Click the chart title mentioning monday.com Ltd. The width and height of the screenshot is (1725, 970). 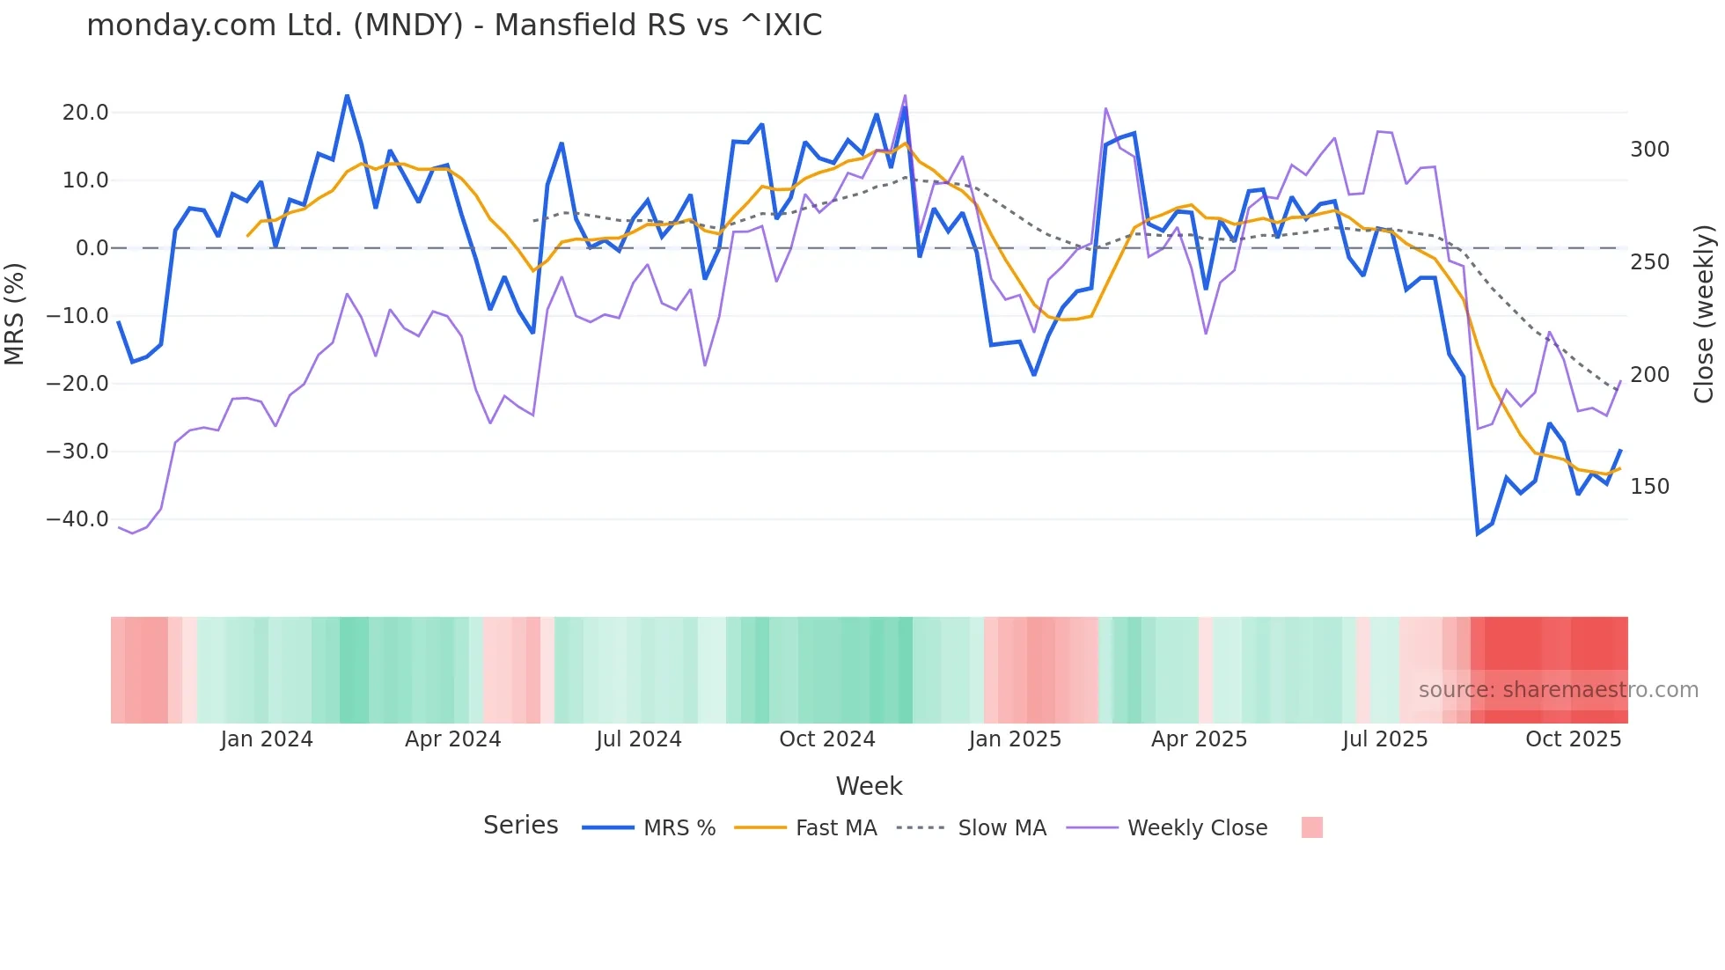pos(454,26)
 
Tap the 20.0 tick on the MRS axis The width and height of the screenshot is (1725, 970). pos(85,113)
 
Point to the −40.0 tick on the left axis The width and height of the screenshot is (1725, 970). pos(77,519)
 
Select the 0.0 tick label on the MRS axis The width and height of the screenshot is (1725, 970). pos(92,248)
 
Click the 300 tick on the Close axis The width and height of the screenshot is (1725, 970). pos(1649,150)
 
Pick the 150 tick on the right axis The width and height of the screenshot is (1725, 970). pos(1649,487)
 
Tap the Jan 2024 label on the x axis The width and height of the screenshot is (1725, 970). pos(267,739)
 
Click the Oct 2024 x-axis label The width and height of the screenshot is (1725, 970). pos(827,739)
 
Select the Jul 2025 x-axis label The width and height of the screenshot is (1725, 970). pos(1384,739)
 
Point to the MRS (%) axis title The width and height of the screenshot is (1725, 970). pos(15,314)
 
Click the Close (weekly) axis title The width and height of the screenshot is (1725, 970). pos(1704,314)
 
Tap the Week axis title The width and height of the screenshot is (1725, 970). pos(869,786)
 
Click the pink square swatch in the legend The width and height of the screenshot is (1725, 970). pos(1311,827)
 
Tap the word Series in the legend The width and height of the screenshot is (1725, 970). pos(520,826)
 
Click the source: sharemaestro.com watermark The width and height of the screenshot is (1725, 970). pos(1558,690)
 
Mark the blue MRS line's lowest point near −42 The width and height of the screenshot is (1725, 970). pos(1479,533)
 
